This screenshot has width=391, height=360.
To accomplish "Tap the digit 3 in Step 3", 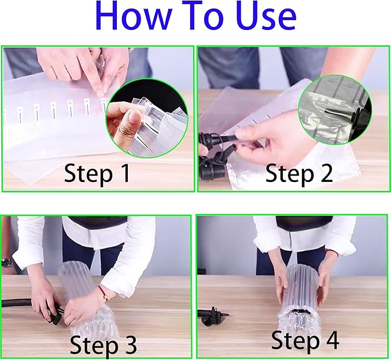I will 129,346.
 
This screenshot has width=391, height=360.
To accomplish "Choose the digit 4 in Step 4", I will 330,340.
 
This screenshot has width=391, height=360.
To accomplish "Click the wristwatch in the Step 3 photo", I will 6,263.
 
